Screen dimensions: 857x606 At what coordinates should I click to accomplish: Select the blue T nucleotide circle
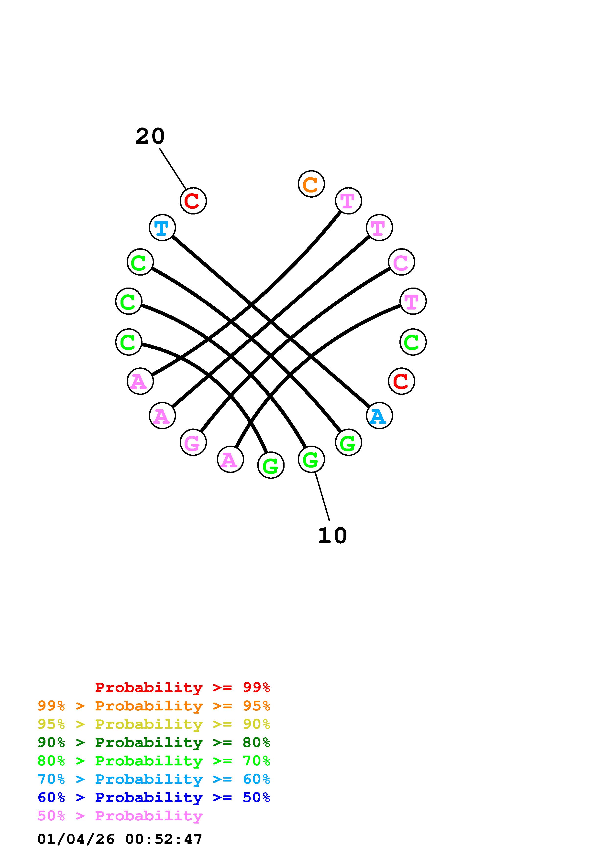point(162,228)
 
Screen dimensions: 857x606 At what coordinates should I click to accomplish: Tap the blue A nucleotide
point(379,416)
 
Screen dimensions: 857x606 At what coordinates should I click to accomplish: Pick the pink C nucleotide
point(401,262)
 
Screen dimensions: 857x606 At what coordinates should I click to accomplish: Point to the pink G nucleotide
point(193,442)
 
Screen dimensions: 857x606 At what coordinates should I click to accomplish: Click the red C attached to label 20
point(193,201)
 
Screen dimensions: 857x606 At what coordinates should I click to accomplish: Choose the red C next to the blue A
point(401,381)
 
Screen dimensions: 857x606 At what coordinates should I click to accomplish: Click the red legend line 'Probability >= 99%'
point(183,687)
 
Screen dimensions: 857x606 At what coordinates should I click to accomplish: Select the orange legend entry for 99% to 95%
point(154,706)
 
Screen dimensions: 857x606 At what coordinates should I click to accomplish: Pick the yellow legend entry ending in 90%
point(154,724)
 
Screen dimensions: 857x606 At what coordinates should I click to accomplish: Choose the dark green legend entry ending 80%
point(154,742)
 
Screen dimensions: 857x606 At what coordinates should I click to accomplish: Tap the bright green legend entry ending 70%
point(154,761)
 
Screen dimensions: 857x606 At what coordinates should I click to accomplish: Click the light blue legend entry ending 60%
point(154,779)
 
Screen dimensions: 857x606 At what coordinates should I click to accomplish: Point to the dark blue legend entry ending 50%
point(154,797)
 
